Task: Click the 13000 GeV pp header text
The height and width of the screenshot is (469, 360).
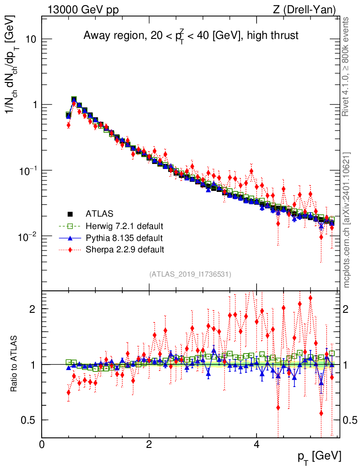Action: pos(83,10)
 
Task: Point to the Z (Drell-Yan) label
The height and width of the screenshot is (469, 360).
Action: pos(304,10)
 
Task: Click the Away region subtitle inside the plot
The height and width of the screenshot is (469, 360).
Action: pos(191,36)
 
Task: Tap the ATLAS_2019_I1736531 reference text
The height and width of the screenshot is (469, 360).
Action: pos(190,274)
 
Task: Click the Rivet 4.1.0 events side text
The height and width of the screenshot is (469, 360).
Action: pos(345,66)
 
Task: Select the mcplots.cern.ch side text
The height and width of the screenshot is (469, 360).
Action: pos(346,220)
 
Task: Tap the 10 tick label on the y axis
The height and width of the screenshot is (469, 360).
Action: pos(29,39)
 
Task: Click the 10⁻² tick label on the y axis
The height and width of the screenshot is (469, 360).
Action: pos(27,236)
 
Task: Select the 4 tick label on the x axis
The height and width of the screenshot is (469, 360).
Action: pos(256,444)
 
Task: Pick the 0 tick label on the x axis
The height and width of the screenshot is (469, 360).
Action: pos(42,444)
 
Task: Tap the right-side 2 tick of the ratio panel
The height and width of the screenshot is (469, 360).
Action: pos(345,309)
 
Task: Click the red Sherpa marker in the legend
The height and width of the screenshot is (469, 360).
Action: pos(70,249)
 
